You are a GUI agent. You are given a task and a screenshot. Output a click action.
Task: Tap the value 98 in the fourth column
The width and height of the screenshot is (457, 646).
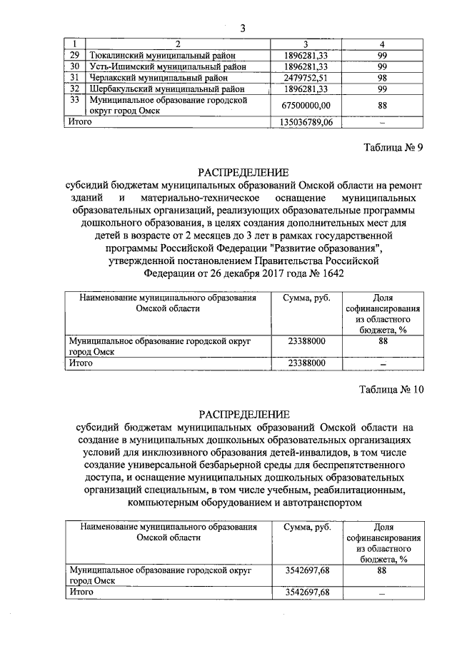click(x=382, y=78)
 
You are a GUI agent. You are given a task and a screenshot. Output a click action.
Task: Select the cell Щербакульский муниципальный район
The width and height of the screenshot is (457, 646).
click(x=166, y=89)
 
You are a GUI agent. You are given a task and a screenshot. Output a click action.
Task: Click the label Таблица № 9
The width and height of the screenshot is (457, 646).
click(x=393, y=148)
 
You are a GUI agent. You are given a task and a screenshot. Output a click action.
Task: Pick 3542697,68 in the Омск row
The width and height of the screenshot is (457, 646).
click(x=306, y=570)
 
